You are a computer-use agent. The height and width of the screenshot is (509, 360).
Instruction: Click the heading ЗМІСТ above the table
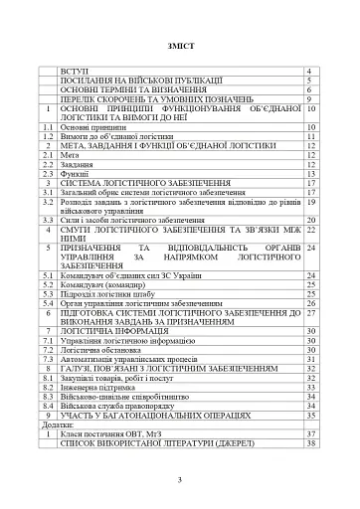[x=181, y=45]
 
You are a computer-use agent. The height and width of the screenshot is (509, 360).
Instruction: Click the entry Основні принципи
[x=90, y=128]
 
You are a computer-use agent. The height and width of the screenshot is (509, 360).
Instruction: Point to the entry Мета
[x=69, y=155]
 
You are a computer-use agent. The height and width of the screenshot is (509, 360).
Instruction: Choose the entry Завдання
[x=77, y=164]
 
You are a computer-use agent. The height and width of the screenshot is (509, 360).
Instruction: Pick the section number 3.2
[x=46, y=201]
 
